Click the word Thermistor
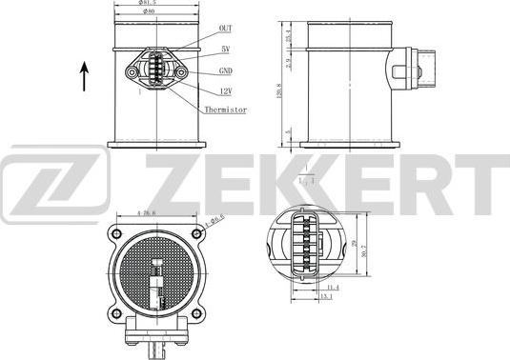(x=225, y=110)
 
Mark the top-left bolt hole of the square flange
(x=116, y=233)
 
